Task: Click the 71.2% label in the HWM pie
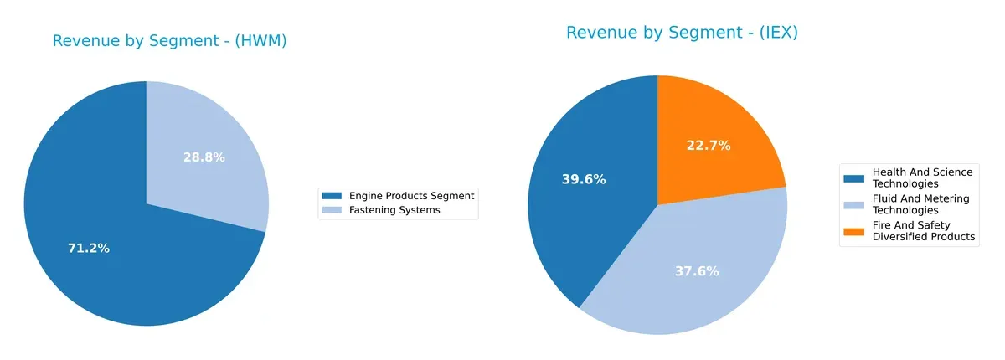click(88, 249)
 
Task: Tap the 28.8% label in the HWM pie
click(204, 157)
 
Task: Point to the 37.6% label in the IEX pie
click(697, 271)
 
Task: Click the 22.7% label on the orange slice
click(709, 145)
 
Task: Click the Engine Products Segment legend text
click(411, 196)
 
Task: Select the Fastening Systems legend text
click(394, 210)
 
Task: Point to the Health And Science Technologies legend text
click(922, 177)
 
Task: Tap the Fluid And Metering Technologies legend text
click(920, 204)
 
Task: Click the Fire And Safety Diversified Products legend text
click(923, 231)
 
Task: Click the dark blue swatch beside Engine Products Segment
click(332, 196)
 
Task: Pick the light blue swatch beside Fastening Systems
click(332, 210)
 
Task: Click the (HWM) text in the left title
click(260, 41)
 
